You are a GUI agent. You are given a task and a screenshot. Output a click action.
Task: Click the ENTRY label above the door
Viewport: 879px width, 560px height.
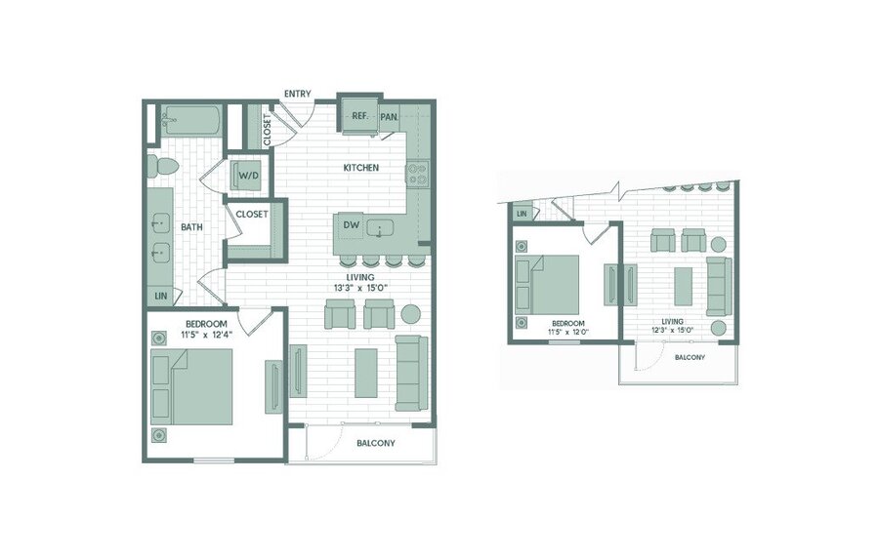click(x=297, y=94)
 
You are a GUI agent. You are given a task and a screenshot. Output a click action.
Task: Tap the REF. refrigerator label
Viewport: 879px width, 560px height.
click(x=359, y=116)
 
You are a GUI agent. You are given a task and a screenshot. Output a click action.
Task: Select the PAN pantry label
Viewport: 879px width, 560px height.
click(x=389, y=117)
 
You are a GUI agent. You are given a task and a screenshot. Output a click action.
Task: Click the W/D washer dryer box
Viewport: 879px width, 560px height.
click(x=249, y=176)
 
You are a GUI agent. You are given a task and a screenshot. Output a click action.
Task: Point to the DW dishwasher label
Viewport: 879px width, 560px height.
click(x=351, y=225)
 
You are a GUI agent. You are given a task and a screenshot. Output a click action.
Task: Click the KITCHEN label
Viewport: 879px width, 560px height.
click(x=361, y=168)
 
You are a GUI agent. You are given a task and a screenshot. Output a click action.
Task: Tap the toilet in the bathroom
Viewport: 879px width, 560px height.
click(x=162, y=166)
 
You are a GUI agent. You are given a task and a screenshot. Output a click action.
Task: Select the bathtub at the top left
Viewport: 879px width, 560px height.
click(x=191, y=120)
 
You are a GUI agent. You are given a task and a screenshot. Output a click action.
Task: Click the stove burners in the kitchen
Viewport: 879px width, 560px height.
click(x=417, y=173)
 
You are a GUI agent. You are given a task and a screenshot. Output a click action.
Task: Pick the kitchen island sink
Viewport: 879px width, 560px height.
click(x=380, y=228)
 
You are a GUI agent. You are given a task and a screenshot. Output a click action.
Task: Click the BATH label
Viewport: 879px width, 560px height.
click(x=191, y=227)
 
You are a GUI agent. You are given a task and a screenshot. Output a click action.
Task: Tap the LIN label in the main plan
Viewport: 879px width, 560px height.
click(x=161, y=296)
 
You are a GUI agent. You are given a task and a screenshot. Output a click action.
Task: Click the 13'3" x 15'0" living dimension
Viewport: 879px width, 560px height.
click(x=360, y=288)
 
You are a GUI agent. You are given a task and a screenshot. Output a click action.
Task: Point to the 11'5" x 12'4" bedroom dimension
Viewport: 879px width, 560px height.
click(x=206, y=335)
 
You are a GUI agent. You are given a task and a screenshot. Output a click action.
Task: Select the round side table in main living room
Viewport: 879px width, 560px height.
click(x=410, y=314)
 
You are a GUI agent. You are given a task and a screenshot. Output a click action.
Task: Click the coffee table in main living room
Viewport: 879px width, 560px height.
click(x=366, y=373)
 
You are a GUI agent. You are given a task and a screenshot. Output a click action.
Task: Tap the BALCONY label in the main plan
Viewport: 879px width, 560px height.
click(x=376, y=443)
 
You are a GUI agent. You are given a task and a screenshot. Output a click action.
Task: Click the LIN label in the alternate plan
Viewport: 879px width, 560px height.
click(x=522, y=214)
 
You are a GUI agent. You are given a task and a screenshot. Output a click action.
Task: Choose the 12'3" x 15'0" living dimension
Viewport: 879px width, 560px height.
click(x=672, y=330)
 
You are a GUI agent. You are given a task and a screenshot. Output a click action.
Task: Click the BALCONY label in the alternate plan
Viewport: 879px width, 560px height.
click(x=691, y=357)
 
